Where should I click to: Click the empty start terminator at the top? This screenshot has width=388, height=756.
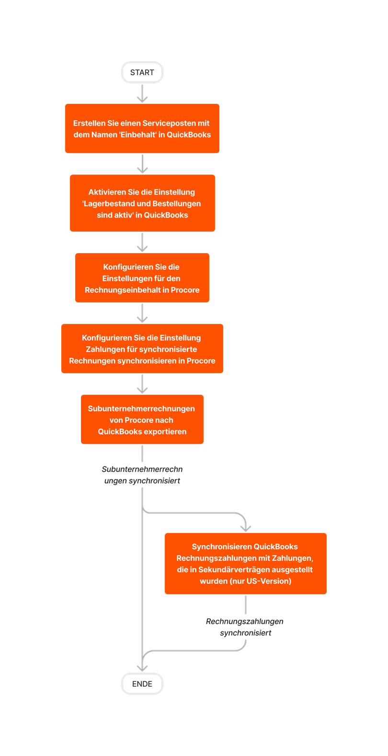pos(142,73)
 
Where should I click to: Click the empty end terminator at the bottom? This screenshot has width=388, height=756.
pos(142,684)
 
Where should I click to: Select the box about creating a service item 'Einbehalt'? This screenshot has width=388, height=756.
pos(142,129)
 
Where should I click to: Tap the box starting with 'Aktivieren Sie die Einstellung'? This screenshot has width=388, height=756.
pos(142,203)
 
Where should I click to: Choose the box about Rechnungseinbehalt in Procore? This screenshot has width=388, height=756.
pos(142,278)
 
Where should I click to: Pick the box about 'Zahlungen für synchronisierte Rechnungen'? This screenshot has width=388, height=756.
pos(142,349)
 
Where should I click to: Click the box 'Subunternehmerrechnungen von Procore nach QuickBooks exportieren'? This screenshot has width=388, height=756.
pos(142,420)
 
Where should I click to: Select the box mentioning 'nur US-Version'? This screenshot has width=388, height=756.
pos(245,564)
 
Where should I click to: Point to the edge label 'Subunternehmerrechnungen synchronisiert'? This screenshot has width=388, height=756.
pos(142,475)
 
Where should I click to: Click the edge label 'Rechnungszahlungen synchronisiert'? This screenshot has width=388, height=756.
pos(245,627)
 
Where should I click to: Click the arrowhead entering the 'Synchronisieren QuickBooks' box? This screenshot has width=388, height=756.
pos(245,528)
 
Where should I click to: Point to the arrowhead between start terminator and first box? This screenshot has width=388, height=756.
pos(142,99)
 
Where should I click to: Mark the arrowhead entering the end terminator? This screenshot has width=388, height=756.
pos(142,668)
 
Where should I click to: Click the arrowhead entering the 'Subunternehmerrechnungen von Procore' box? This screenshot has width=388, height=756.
pos(142,390)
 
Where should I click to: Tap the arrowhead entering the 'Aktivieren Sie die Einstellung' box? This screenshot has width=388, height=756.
pos(142,170)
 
